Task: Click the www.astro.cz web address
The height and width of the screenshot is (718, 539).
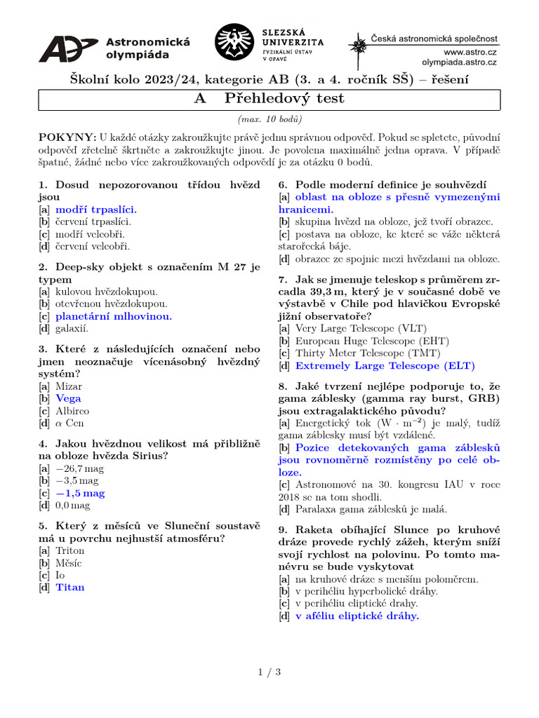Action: click(470, 52)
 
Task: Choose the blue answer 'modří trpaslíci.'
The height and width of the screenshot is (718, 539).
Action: click(96, 209)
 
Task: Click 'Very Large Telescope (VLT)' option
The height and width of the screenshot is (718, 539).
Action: click(361, 328)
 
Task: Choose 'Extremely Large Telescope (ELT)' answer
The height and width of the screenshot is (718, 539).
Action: click(385, 365)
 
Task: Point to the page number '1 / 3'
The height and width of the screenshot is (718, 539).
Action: click(269, 672)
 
